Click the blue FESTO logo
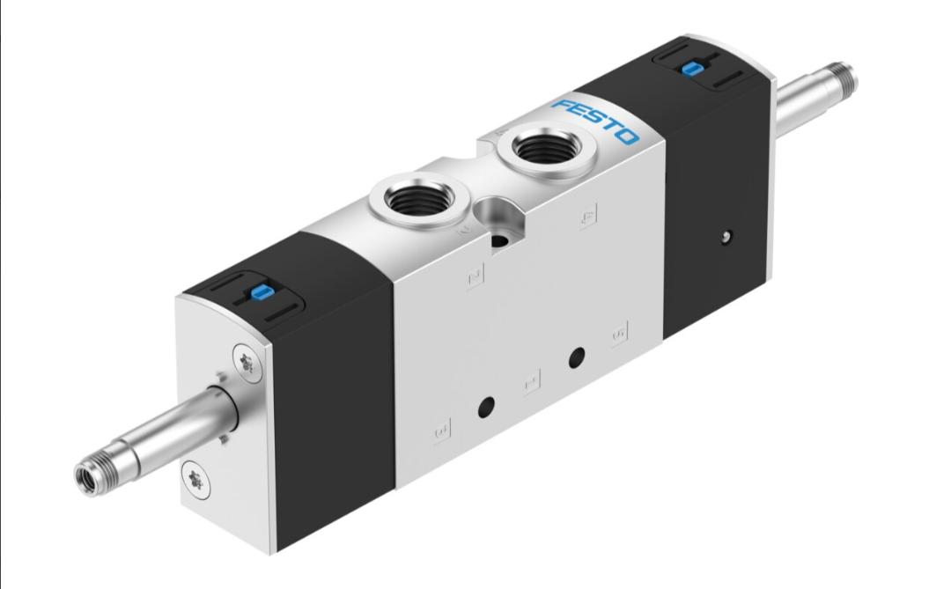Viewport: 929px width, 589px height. click(x=595, y=121)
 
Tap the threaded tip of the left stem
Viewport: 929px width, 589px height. click(x=88, y=476)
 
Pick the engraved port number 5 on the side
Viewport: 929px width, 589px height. click(x=619, y=333)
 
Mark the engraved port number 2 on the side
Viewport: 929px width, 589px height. click(x=476, y=277)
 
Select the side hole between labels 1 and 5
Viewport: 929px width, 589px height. click(x=577, y=357)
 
